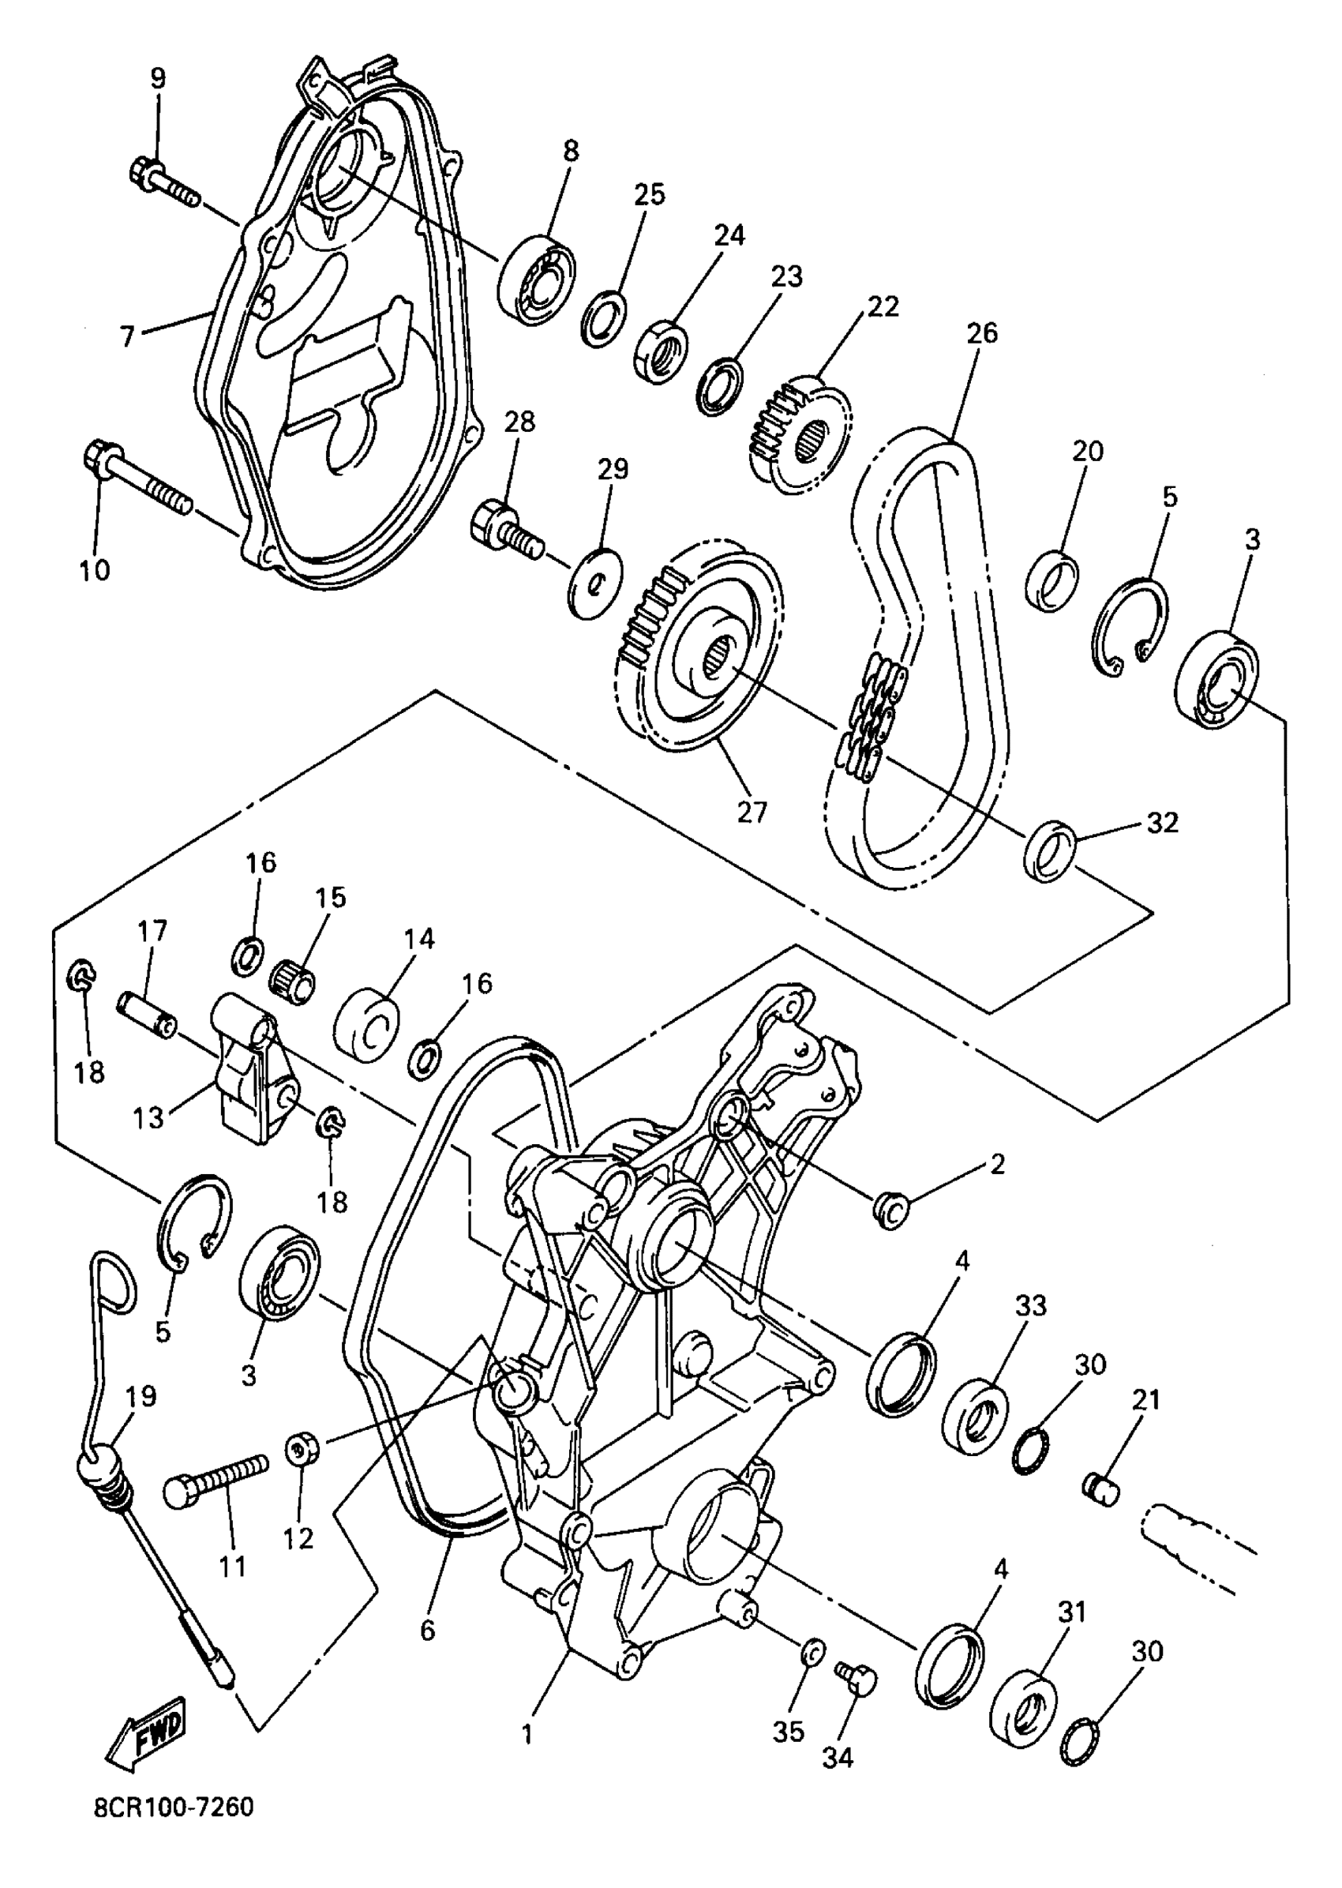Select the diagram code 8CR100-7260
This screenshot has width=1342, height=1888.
tap(173, 1830)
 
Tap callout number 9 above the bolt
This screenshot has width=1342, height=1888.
tap(157, 78)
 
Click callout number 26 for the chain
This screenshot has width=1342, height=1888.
tap(981, 333)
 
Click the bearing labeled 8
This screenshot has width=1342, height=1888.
tap(537, 281)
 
